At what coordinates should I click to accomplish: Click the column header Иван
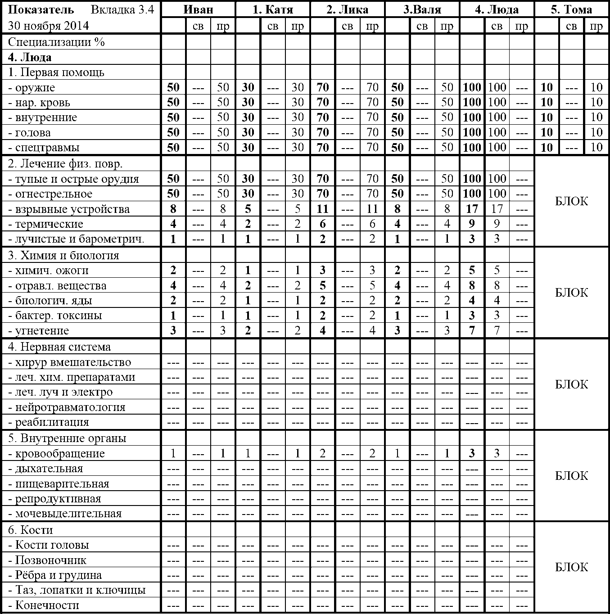click(198, 9)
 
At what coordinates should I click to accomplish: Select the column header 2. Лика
click(347, 9)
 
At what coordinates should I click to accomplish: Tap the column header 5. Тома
click(571, 9)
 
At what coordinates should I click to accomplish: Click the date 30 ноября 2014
click(48, 26)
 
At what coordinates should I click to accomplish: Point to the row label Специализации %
click(56, 42)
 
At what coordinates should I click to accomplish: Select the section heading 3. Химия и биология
click(63, 255)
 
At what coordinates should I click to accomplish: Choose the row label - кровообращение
click(57, 453)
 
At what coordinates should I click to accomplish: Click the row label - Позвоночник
click(48, 560)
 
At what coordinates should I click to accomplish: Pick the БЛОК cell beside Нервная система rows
click(571, 384)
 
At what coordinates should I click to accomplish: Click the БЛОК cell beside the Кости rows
click(571, 567)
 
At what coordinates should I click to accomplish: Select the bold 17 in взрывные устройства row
click(472, 209)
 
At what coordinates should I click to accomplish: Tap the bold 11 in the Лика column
click(322, 209)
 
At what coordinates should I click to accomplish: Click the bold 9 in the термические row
click(472, 224)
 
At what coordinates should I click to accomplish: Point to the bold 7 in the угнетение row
click(472, 330)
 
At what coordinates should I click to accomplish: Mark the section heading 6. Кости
click(30, 530)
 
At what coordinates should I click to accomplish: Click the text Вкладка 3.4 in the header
click(122, 9)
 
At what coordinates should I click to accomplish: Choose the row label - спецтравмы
click(44, 148)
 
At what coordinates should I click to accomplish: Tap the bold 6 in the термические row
click(322, 224)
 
